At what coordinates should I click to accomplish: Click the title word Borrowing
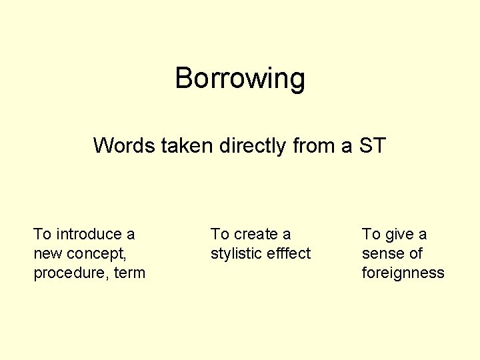tap(240, 79)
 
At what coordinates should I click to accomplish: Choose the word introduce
tap(87, 234)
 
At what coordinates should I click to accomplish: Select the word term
tap(130, 273)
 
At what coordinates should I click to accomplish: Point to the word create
tap(256, 234)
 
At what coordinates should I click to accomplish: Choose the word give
tap(399, 234)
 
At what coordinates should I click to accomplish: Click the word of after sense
tap(415, 253)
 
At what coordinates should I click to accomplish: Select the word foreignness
tap(403, 273)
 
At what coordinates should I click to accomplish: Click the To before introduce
tap(43, 234)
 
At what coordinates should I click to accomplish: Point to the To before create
tap(220, 234)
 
